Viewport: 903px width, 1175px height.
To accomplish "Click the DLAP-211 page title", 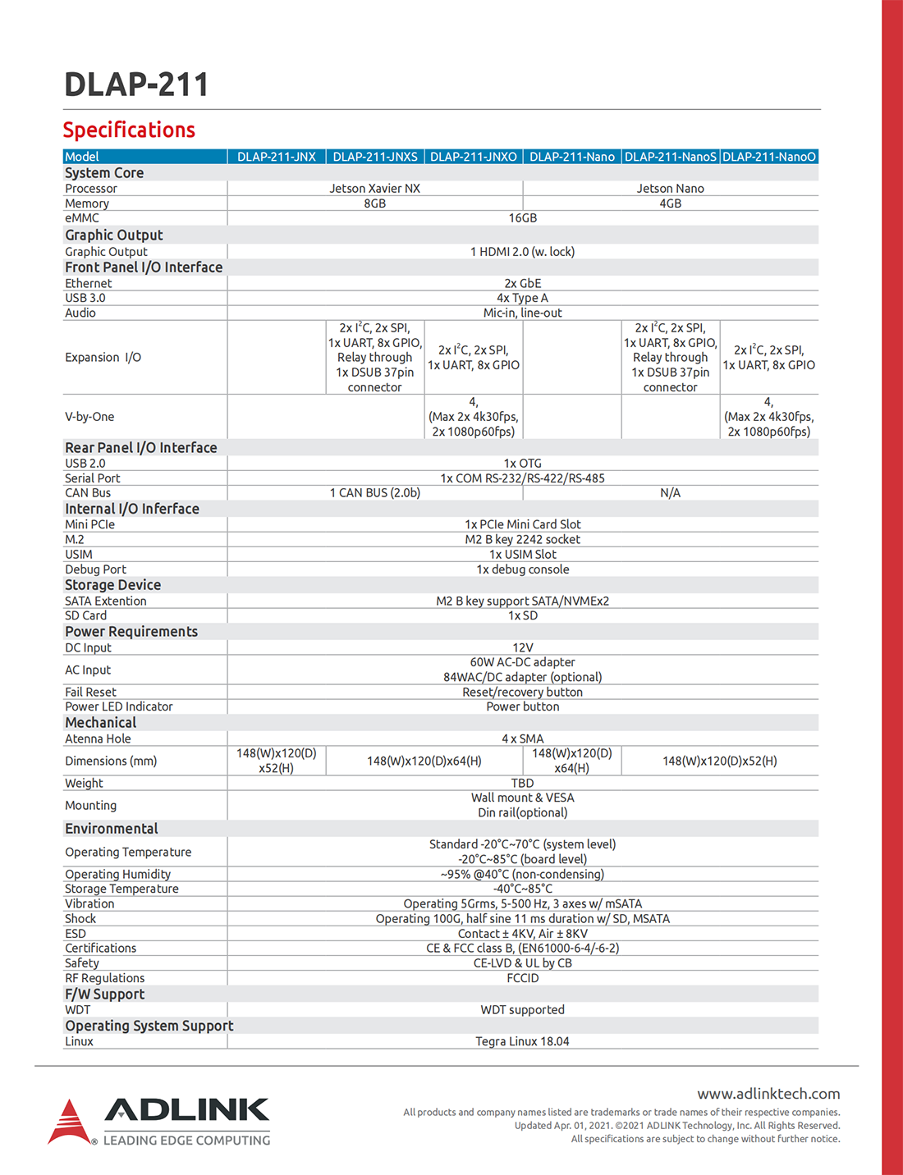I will point(136,85).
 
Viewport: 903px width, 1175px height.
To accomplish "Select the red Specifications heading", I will point(129,130).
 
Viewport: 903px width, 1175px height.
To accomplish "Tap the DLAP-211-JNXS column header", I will point(375,157).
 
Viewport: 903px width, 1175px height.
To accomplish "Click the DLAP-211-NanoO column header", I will point(769,157).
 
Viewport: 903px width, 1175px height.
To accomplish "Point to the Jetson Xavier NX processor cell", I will point(374,189).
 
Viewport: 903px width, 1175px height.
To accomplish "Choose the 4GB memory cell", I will point(670,203).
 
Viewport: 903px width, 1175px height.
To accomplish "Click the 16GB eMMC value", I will point(522,218).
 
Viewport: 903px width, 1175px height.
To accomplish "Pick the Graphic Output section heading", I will point(114,235).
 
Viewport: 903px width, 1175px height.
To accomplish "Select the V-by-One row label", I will point(89,417).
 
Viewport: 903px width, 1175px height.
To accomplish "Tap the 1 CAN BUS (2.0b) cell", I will point(374,493).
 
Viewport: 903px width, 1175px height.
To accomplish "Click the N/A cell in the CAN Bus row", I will point(670,493).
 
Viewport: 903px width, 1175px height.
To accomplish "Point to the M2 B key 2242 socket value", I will point(522,540).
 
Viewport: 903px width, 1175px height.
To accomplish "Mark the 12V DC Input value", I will point(522,648).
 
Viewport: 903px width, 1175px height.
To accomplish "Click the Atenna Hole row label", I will point(98,739).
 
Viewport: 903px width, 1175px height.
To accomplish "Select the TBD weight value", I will point(522,784).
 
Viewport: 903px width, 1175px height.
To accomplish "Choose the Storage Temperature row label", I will point(121,889).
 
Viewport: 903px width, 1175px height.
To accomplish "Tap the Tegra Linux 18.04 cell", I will point(522,1042).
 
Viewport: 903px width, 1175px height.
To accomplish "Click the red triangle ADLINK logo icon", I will point(69,1122).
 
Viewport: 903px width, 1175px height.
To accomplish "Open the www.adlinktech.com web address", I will point(768,1094).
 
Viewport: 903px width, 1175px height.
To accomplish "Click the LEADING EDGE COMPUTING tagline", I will point(186,1141).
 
